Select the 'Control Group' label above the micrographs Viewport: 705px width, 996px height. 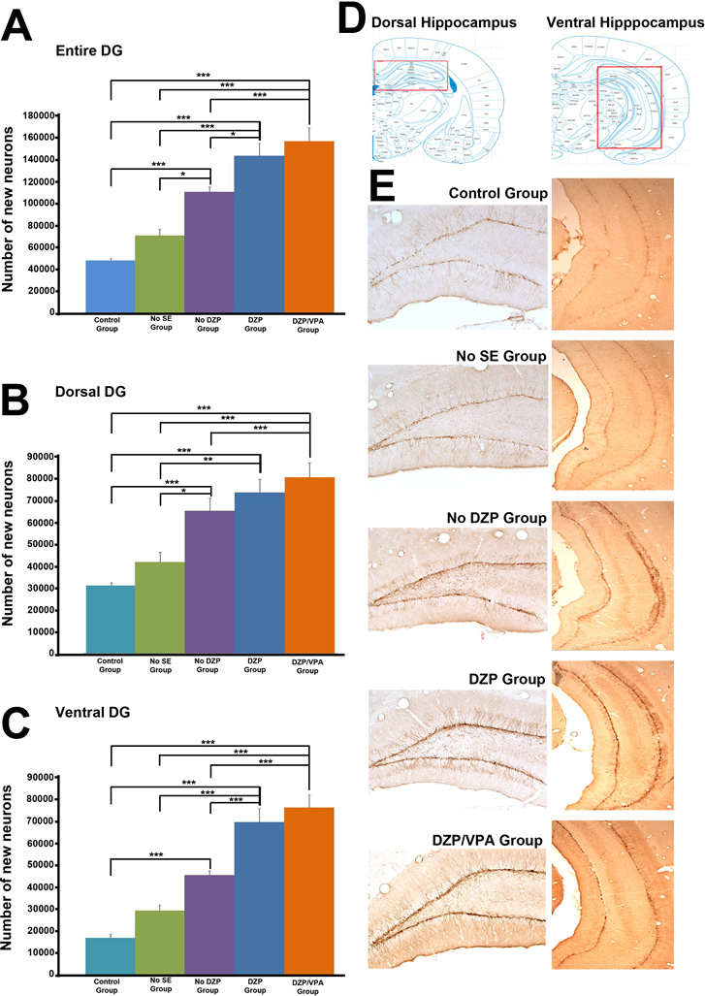[496, 193]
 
